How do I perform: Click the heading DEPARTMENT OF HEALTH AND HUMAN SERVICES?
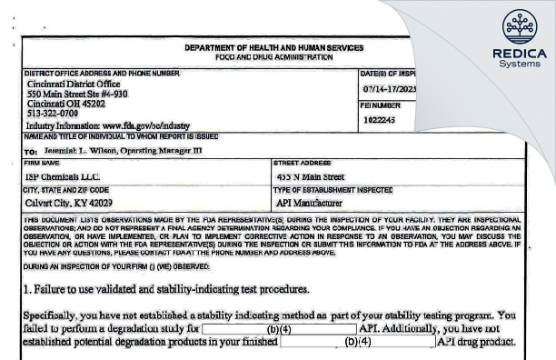pos(273,47)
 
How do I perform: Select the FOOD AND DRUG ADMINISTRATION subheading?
pos(273,56)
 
